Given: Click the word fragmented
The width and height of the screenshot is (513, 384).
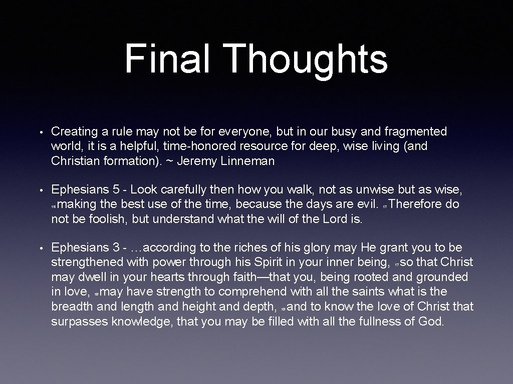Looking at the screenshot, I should click(415, 132).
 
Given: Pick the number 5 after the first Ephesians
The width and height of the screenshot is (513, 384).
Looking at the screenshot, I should click(116, 190).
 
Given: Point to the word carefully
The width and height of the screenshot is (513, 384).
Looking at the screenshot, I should click(189, 190).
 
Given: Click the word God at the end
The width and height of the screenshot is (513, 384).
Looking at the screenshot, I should click(430, 320).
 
